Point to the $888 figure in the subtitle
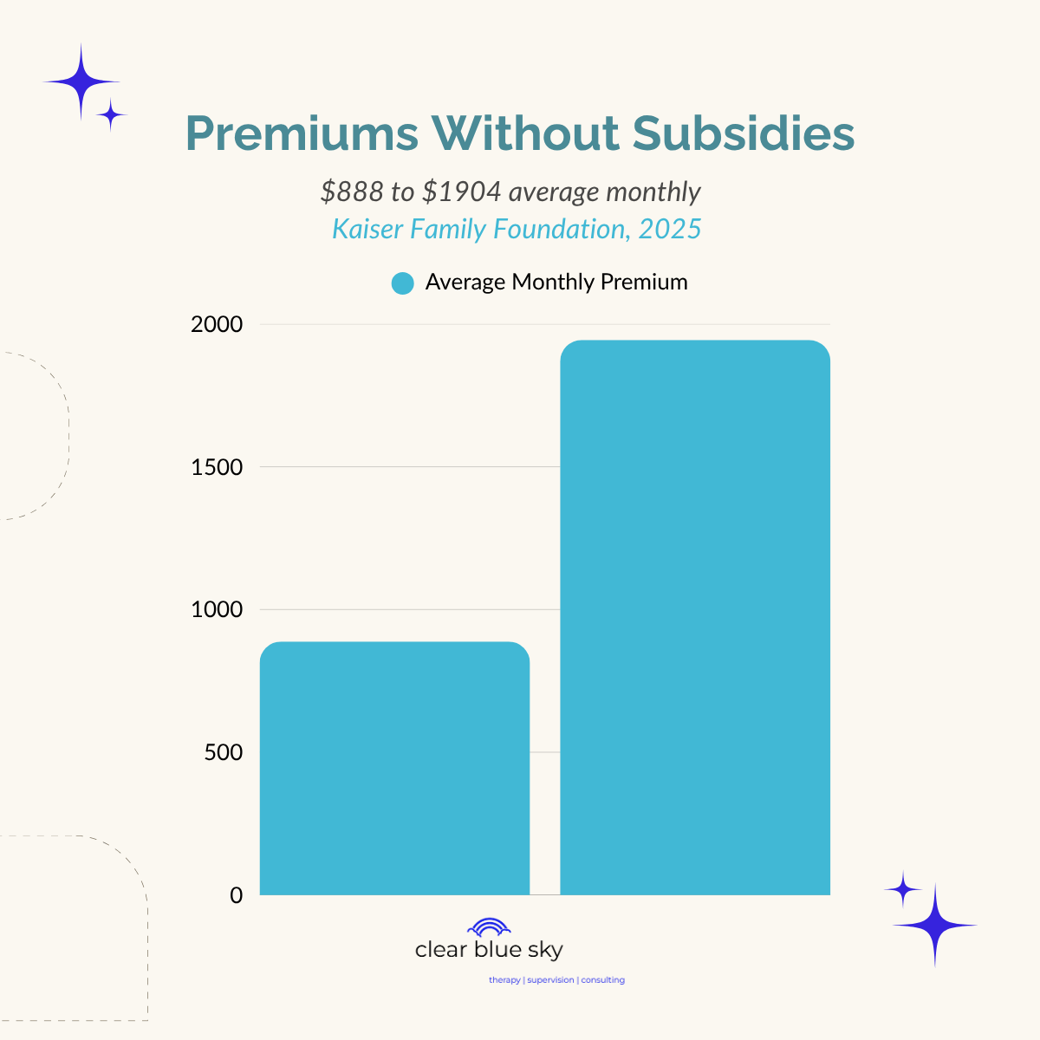(x=351, y=192)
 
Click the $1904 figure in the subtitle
(x=461, y=192)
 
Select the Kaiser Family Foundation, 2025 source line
(x=517, y=229)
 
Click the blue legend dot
(x=402, y=283)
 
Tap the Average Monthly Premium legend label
(x=556, y=283)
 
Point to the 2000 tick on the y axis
(x=217, y=325)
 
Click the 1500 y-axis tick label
(x=217, y=467)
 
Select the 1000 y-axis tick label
(x=217, y=610)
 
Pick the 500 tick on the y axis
(x=224, y=752)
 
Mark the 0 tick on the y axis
(x=237, y=895)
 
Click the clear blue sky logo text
(x=489, y=950)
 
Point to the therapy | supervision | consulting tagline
(x=556, y=980)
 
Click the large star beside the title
(x=81, y=82)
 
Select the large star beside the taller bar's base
(x=934, y=925)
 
